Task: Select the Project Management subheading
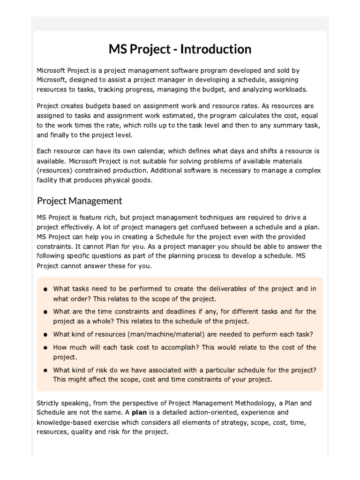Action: coord(79,201)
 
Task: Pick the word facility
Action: coord(49,180)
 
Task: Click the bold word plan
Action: coord(139,412)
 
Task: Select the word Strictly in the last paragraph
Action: coord(49,403)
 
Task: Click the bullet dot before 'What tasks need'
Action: coord(45,290)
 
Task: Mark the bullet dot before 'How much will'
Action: coord(45,348)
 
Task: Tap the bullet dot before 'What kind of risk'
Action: coord(45,370)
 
